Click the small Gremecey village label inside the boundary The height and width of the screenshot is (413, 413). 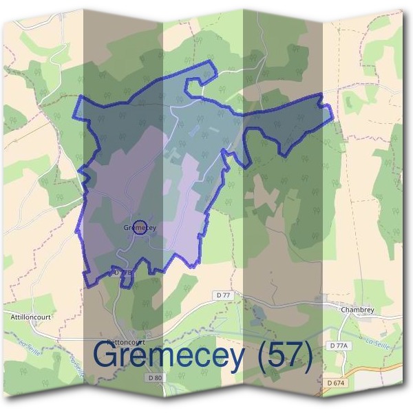tap(140, 228)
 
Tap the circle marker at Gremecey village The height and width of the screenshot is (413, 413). tap(140, 227)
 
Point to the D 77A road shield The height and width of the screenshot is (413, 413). tap(339, 345)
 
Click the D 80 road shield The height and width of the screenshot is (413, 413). tap(155, 378)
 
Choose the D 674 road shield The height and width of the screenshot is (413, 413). tap(337, 383)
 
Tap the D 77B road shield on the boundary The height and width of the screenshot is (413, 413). tap(121, 273)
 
